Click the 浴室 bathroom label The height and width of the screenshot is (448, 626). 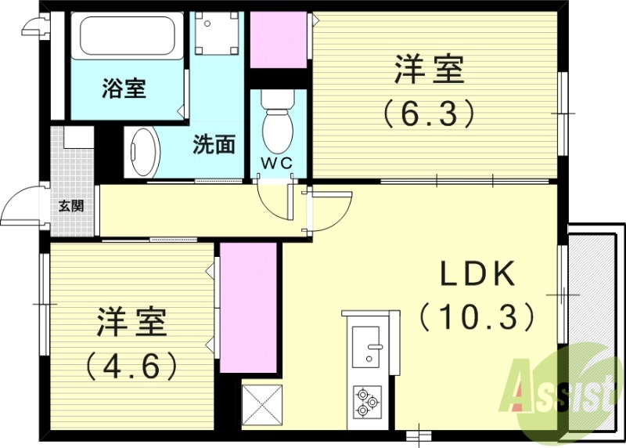point(124,89)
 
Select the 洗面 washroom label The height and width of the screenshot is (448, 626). point(214,145)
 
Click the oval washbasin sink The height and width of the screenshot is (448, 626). point(143,152)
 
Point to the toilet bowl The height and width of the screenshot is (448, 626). point(276,125)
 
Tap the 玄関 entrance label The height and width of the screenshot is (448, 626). point(71,207)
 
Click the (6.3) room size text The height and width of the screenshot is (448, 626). point(429,114)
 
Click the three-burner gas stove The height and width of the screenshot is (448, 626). point(366,402)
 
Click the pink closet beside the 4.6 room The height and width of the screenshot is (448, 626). point(248,307)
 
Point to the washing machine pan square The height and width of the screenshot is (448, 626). point(217,34)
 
